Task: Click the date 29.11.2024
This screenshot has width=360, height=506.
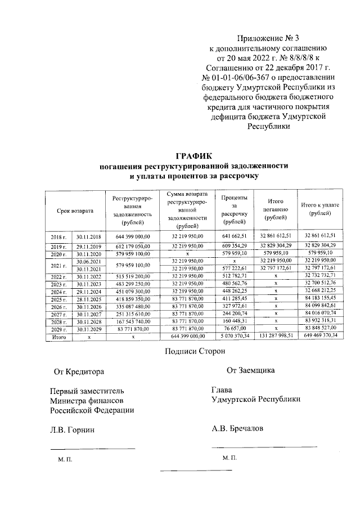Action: [88, 292]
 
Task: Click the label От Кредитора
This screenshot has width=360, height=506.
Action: [79, 372]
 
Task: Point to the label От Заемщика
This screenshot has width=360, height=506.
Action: [250, 370]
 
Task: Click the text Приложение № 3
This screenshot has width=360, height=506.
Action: [262, 38]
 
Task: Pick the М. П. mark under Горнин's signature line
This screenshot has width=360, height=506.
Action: [65, 460]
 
